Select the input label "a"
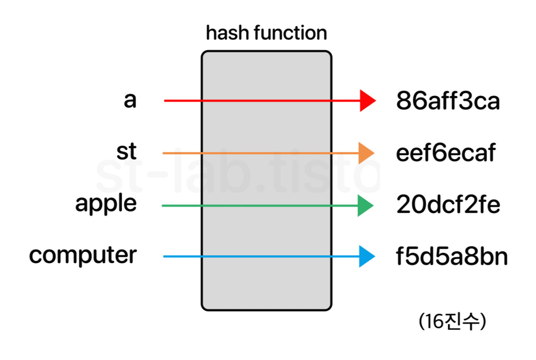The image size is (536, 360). [x=130, y=100]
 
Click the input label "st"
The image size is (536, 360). [x=127, y=151]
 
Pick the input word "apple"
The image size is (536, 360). [x=106, y=204]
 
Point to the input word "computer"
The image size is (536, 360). [x=83, y=256]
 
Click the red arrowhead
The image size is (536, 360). [x=367, y=101]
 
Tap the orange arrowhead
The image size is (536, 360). [x=365, y=153]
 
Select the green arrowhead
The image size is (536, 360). [x=365, y=206]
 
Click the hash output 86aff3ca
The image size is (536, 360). [x=448, y=101]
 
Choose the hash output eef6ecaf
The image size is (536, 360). [x=446, y=153]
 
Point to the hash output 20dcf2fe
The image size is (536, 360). [x=448, y=204]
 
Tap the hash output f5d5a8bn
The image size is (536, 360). [x=452, y=257]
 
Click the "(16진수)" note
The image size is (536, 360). [x=452, y=322]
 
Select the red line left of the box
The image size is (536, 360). [x=183, y=101]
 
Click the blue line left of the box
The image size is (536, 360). [x=182, y=257]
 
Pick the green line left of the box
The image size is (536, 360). [x=182, y=206]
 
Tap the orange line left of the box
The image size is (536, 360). [x=182, y=153]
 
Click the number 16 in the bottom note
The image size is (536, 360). [x=434, y=322]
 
